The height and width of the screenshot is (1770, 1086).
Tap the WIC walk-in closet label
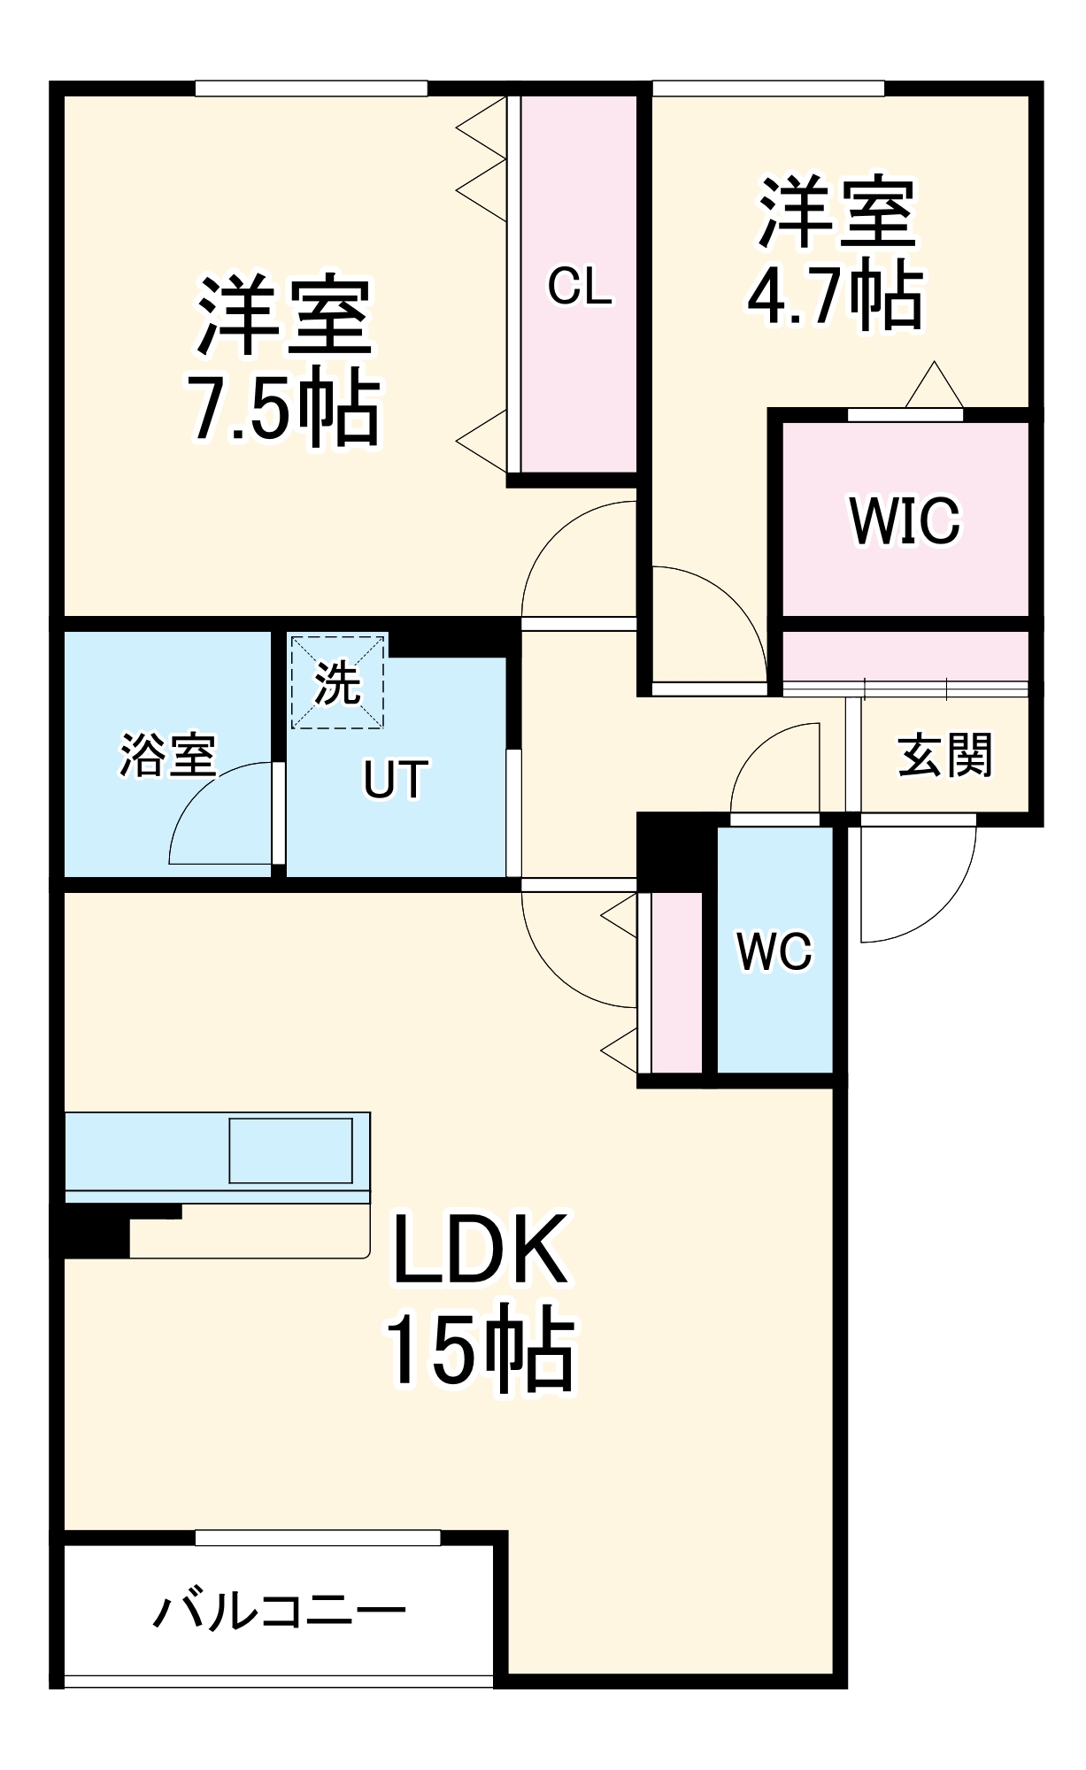[905, 520]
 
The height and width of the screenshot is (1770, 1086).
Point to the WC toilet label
[774, 951]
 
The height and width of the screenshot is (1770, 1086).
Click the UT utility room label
[396, 780]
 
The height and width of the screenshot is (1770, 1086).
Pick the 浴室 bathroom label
[167, 755]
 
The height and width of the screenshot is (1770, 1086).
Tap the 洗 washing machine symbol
[338, 682]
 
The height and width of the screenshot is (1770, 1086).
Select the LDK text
[480, 1250]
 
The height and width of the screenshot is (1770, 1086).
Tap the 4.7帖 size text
[836, 296]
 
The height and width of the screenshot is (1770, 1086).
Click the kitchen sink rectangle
[291, 1150]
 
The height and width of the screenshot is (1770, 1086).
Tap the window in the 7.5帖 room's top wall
[312, 88]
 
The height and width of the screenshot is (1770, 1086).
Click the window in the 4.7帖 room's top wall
[769, 88]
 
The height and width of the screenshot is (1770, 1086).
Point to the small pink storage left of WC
[677, 982]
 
